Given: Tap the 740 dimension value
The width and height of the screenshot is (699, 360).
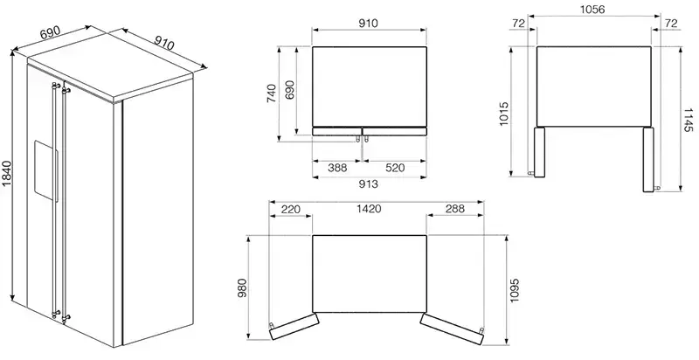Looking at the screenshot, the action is point(272,94).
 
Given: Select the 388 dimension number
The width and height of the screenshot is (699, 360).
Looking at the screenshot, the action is point(337,168).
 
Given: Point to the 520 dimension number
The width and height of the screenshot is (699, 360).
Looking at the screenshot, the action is point(395,168).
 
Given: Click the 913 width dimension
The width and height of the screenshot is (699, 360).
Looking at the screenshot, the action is point(369,183).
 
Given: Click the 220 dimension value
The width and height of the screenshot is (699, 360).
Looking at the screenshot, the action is point(291,209).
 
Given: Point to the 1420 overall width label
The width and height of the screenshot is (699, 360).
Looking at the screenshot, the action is point(369,209).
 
